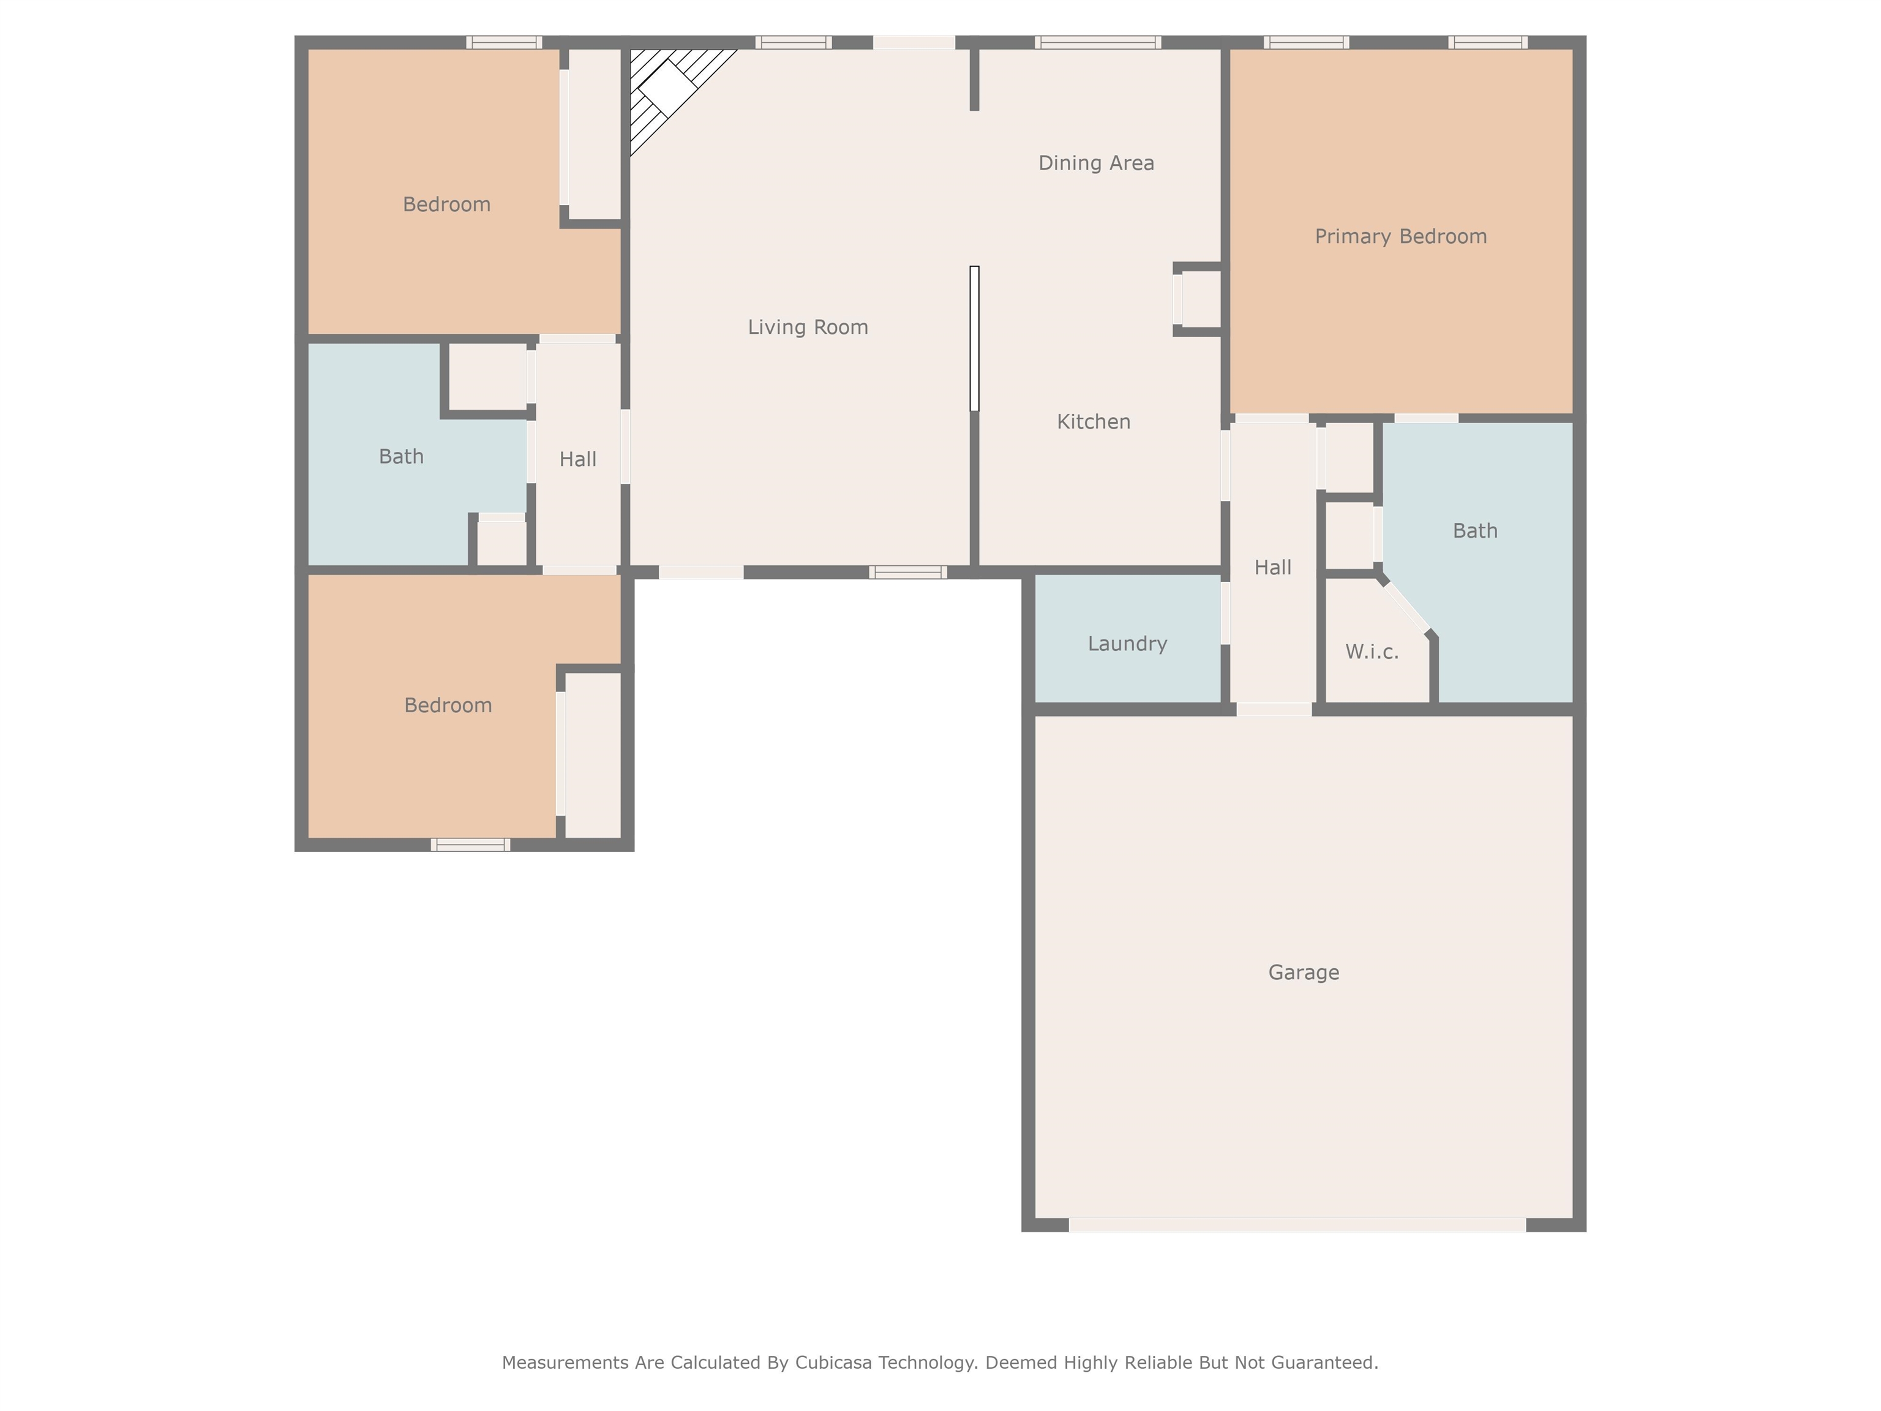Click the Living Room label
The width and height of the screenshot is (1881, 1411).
click(x=808, y=328)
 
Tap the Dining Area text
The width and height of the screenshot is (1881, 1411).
click(x=1096, y=164)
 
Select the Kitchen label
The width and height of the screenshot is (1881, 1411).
click(x=1094, y=422)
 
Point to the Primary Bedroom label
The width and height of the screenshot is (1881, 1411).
click(x=1400, y=236)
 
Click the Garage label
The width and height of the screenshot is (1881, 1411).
click(x=1304, y=972)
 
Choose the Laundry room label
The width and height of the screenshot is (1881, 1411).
click(x=1128, y=644)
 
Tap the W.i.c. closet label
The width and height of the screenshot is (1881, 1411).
click(x=1372, y=652)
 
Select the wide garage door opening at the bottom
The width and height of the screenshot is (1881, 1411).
click(x=1297, y=1225)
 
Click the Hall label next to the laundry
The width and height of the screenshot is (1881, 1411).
click(x=1273, y=567)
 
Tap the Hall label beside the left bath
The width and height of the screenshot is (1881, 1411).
click(x=577, y=459)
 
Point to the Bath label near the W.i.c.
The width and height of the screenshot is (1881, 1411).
click(x=1474, y=531)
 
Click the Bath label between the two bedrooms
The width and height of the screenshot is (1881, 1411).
click(x=402, y=457)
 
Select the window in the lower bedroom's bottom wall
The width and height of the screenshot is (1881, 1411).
click(x=470, y=845)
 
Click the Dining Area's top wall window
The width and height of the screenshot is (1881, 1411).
click(x=1097, y=42)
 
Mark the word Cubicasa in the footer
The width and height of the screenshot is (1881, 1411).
click(x=833, y=1363)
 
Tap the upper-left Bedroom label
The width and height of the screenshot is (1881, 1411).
click(x=446, y=204)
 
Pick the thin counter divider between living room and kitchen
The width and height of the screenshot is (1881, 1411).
click(x=975, y=339)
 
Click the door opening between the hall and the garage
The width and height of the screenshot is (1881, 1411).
click(x=1273, y=709)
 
